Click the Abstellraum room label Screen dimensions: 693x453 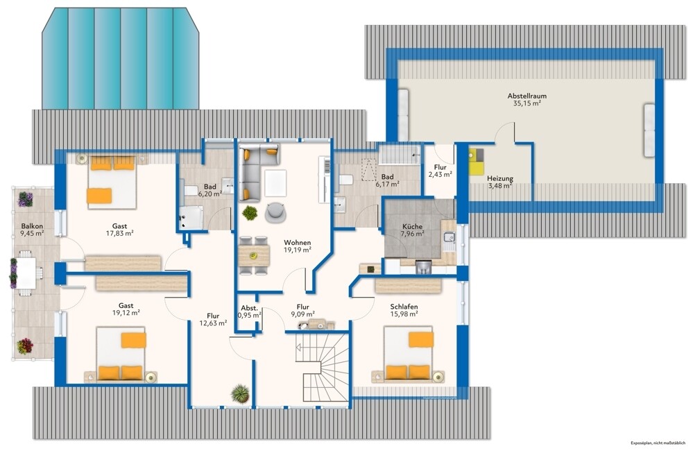[527, 96]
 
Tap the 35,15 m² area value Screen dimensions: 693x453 [527, 103]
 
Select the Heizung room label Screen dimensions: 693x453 [500, 178]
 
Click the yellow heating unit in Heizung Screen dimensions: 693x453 [477, 162]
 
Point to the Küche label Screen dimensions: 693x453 [412, 226]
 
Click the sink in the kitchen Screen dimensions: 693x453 [449, 237]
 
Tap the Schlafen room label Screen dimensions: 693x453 [404, 307]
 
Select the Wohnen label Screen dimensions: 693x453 [297, 243]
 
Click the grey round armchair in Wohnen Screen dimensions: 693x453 [276, 212]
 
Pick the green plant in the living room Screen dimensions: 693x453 [250, 213]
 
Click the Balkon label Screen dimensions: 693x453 [32, 226]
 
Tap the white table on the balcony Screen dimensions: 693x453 [26, 273]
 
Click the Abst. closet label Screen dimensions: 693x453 [249, 308]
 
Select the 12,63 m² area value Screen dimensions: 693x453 [213, 323]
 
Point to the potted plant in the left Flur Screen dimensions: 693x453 [241, 393]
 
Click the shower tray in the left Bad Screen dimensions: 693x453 [191, 217]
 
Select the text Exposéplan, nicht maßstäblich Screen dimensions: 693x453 [658, 443]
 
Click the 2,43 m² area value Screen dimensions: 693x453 [440, 175]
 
